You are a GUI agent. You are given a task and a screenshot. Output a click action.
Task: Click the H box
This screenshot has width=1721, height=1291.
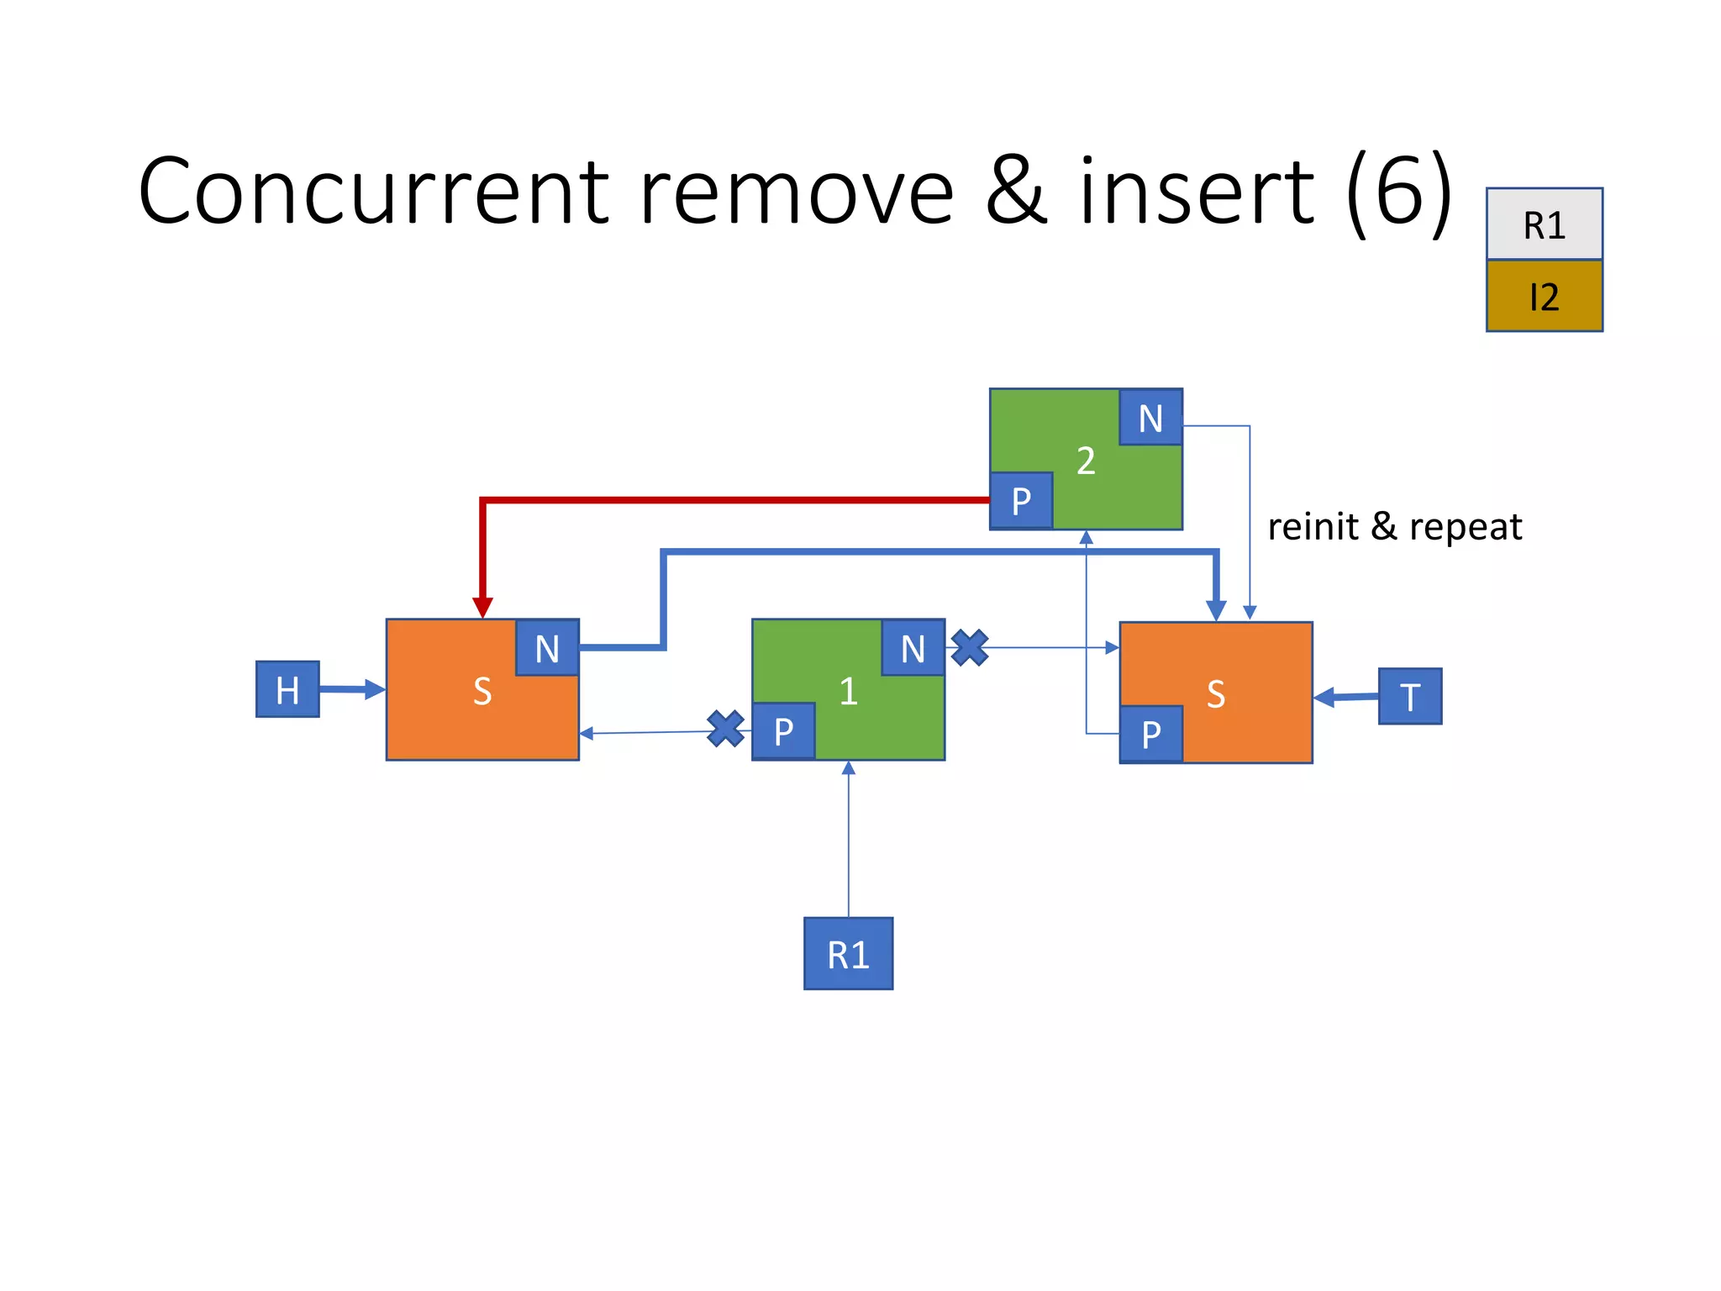287,689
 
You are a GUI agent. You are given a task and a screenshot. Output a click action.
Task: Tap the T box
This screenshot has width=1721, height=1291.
1410,696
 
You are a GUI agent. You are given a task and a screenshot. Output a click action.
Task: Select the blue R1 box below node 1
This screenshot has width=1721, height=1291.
848,953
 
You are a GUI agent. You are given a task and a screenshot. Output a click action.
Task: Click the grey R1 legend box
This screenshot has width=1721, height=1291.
1544,224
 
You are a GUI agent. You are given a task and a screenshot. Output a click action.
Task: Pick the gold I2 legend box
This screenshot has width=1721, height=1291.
1544,296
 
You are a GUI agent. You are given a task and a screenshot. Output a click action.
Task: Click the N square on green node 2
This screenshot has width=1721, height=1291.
1150,418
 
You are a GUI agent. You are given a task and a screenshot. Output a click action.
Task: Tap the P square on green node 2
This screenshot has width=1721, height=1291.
1021,501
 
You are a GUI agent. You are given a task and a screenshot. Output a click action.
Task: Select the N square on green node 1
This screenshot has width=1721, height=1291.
913,648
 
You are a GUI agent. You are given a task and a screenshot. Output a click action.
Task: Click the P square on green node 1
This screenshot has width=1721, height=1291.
783,731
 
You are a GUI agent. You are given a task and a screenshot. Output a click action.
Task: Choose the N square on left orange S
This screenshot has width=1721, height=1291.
547,648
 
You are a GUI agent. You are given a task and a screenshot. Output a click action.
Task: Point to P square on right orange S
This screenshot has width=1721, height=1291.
1151,734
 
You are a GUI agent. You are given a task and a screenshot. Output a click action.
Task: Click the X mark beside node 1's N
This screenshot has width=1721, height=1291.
970,648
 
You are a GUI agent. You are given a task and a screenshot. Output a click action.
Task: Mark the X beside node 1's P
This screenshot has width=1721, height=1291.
725,729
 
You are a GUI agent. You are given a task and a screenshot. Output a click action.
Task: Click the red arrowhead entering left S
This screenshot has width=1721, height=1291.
482,607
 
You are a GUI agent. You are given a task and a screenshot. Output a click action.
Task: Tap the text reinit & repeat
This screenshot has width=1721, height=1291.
1394,527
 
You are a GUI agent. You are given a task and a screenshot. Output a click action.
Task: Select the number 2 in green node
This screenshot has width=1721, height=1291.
1086,461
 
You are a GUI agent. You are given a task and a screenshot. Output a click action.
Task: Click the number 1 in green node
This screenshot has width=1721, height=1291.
848,691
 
